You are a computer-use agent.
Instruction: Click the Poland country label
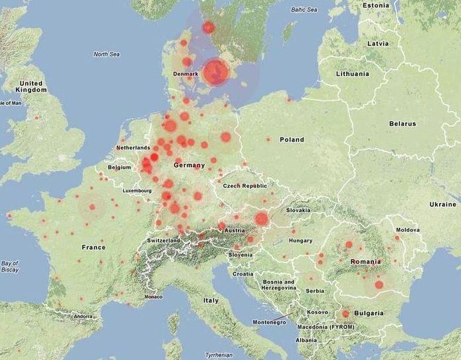pyautogui.click(x=292, y=139)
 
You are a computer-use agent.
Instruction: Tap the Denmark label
pyautogui.click(x=185, y=73)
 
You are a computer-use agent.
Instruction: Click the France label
pyautogui.click(x=94, y=247)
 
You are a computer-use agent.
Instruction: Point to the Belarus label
pyautogui.click(x=403, y=124)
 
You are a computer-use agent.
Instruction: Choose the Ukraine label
pyautogui.click(x=443, y=204)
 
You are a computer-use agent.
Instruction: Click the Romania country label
pyautogui.click(x=365, y=262)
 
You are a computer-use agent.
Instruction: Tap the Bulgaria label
pyautogui.click(x=369, y=313)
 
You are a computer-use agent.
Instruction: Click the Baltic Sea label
pyautogui.click(x=304, y=10)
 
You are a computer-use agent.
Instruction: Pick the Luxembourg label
pyautogui.click(x=138, y=191)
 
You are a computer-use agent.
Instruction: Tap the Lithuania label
pyautogui.click(x=352, y=74)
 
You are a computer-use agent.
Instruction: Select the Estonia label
pyautogui.click(x=375, y=5)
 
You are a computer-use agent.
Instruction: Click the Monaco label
pyautogui.click(x=153, y=296)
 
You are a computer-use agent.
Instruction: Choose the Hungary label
pyautogui.click(x=301, y=240)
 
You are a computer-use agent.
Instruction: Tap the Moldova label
pyautogui.click(x=409, y=230)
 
